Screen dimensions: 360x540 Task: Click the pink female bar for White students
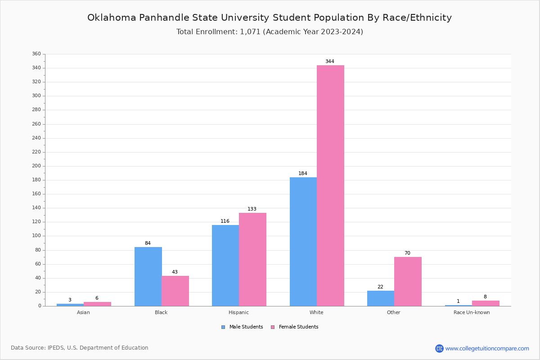(x=330, y=185)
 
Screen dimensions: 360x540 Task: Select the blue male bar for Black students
(x=148, y=276)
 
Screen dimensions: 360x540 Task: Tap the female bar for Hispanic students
(x=252, y=259)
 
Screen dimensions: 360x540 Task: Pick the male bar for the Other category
(x=381, y=298)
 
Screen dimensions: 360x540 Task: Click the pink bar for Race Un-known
(x=486, y=303)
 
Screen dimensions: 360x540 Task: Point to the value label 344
(x=330, y=62)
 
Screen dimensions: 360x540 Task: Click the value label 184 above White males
(x=303, y=174)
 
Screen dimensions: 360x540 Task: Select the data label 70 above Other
(x=407, y=253)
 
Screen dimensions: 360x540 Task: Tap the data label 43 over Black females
(x=175, y=272)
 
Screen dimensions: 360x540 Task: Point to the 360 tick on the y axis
(x=36, y=54)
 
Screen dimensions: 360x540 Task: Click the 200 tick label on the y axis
(x=36, y=166)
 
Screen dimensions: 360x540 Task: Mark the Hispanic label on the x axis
(x=238, y=313)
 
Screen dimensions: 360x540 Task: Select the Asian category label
(x=83, y=313)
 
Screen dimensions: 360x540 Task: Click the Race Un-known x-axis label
(x=472, y=313)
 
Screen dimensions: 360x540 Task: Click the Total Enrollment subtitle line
(x=270, y=32)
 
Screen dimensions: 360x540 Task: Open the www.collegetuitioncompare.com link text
(x=487, y=348)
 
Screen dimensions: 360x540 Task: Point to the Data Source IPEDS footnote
(x=80, y=348)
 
